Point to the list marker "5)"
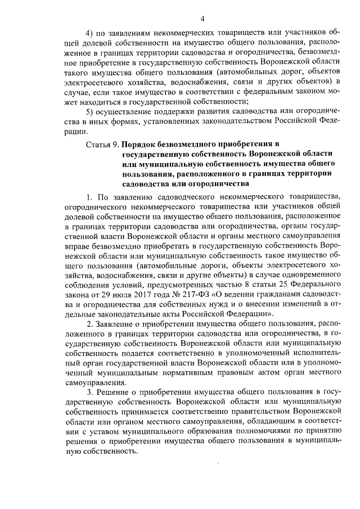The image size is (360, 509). pos(90,111)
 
